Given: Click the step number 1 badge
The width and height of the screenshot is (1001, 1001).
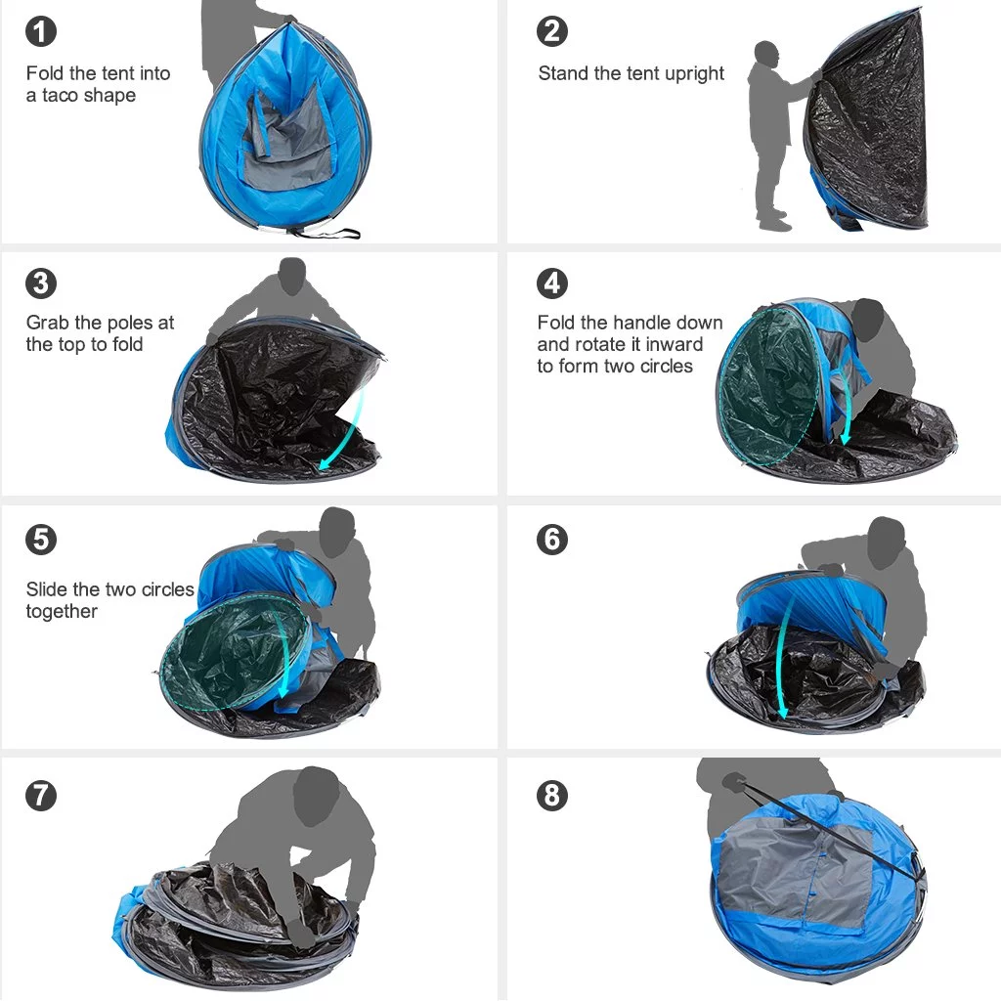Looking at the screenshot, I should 40,31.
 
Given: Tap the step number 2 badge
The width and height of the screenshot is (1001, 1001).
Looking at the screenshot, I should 552,31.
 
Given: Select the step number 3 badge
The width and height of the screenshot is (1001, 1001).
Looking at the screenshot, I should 40,283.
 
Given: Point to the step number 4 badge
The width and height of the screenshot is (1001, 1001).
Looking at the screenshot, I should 552,283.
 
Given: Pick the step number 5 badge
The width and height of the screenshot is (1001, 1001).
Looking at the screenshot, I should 40,539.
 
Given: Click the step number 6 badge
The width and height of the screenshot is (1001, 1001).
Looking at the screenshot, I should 552,539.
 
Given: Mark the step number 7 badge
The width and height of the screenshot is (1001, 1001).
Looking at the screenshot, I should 40,796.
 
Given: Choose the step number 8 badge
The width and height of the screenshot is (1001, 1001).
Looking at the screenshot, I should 552,796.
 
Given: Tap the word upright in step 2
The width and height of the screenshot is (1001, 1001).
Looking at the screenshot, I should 693,74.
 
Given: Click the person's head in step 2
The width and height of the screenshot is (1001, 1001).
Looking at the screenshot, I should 767,54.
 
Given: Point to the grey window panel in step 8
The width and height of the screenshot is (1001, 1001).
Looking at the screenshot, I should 792,870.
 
